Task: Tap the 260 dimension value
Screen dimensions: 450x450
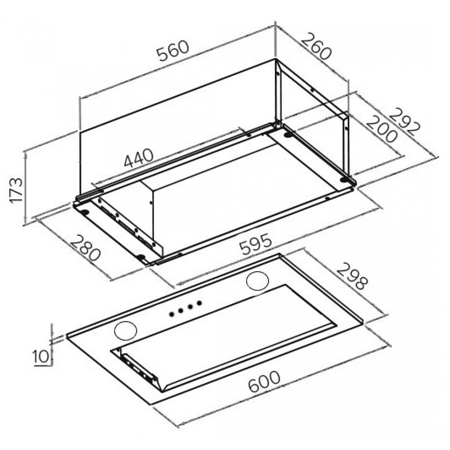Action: point(316,46)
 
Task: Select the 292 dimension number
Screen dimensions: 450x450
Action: point(405,121)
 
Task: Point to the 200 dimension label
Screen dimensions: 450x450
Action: point(382,129)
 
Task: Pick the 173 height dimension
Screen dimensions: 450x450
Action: point(16,190)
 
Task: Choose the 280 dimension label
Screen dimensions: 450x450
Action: point(85,247)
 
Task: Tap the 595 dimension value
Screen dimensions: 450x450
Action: point(256,244)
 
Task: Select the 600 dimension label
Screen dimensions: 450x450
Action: point(264,382)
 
